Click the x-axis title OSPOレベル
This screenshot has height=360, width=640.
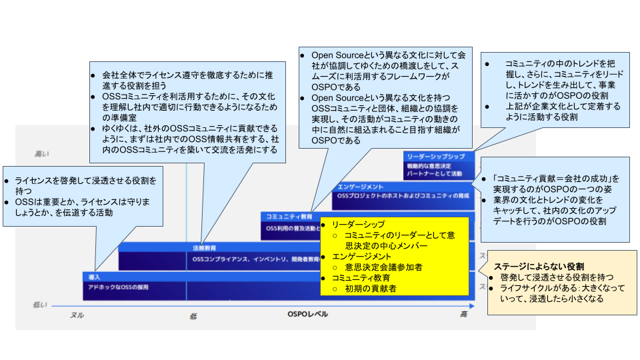coord(307,314)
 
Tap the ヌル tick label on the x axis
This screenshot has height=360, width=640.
coord(77,315)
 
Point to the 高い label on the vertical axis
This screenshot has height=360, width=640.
coord(41,154)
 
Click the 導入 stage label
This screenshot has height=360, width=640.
coord(94,276)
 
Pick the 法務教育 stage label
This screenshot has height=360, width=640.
coord(204,247)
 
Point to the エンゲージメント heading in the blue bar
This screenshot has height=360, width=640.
coord(360,187)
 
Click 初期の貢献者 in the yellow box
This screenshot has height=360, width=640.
coord(370,289)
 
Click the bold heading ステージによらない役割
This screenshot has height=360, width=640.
coord(539,265)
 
